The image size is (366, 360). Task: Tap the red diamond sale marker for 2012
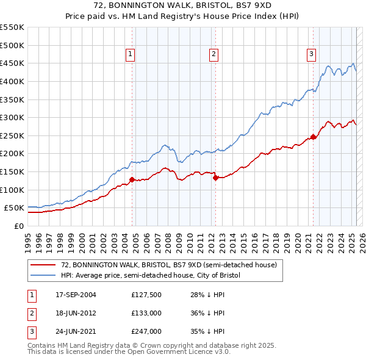click(215, 178)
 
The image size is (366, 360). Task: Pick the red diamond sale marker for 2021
click(313, 137)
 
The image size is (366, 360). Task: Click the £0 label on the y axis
click(20, 226)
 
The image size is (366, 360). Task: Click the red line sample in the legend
click(43, 265)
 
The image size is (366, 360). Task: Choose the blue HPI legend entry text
click(151, 275)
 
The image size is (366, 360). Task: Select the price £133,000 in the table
click(146, 313)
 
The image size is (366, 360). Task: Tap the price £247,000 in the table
click(146, 331)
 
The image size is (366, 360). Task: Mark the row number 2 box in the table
click(30, 313)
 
